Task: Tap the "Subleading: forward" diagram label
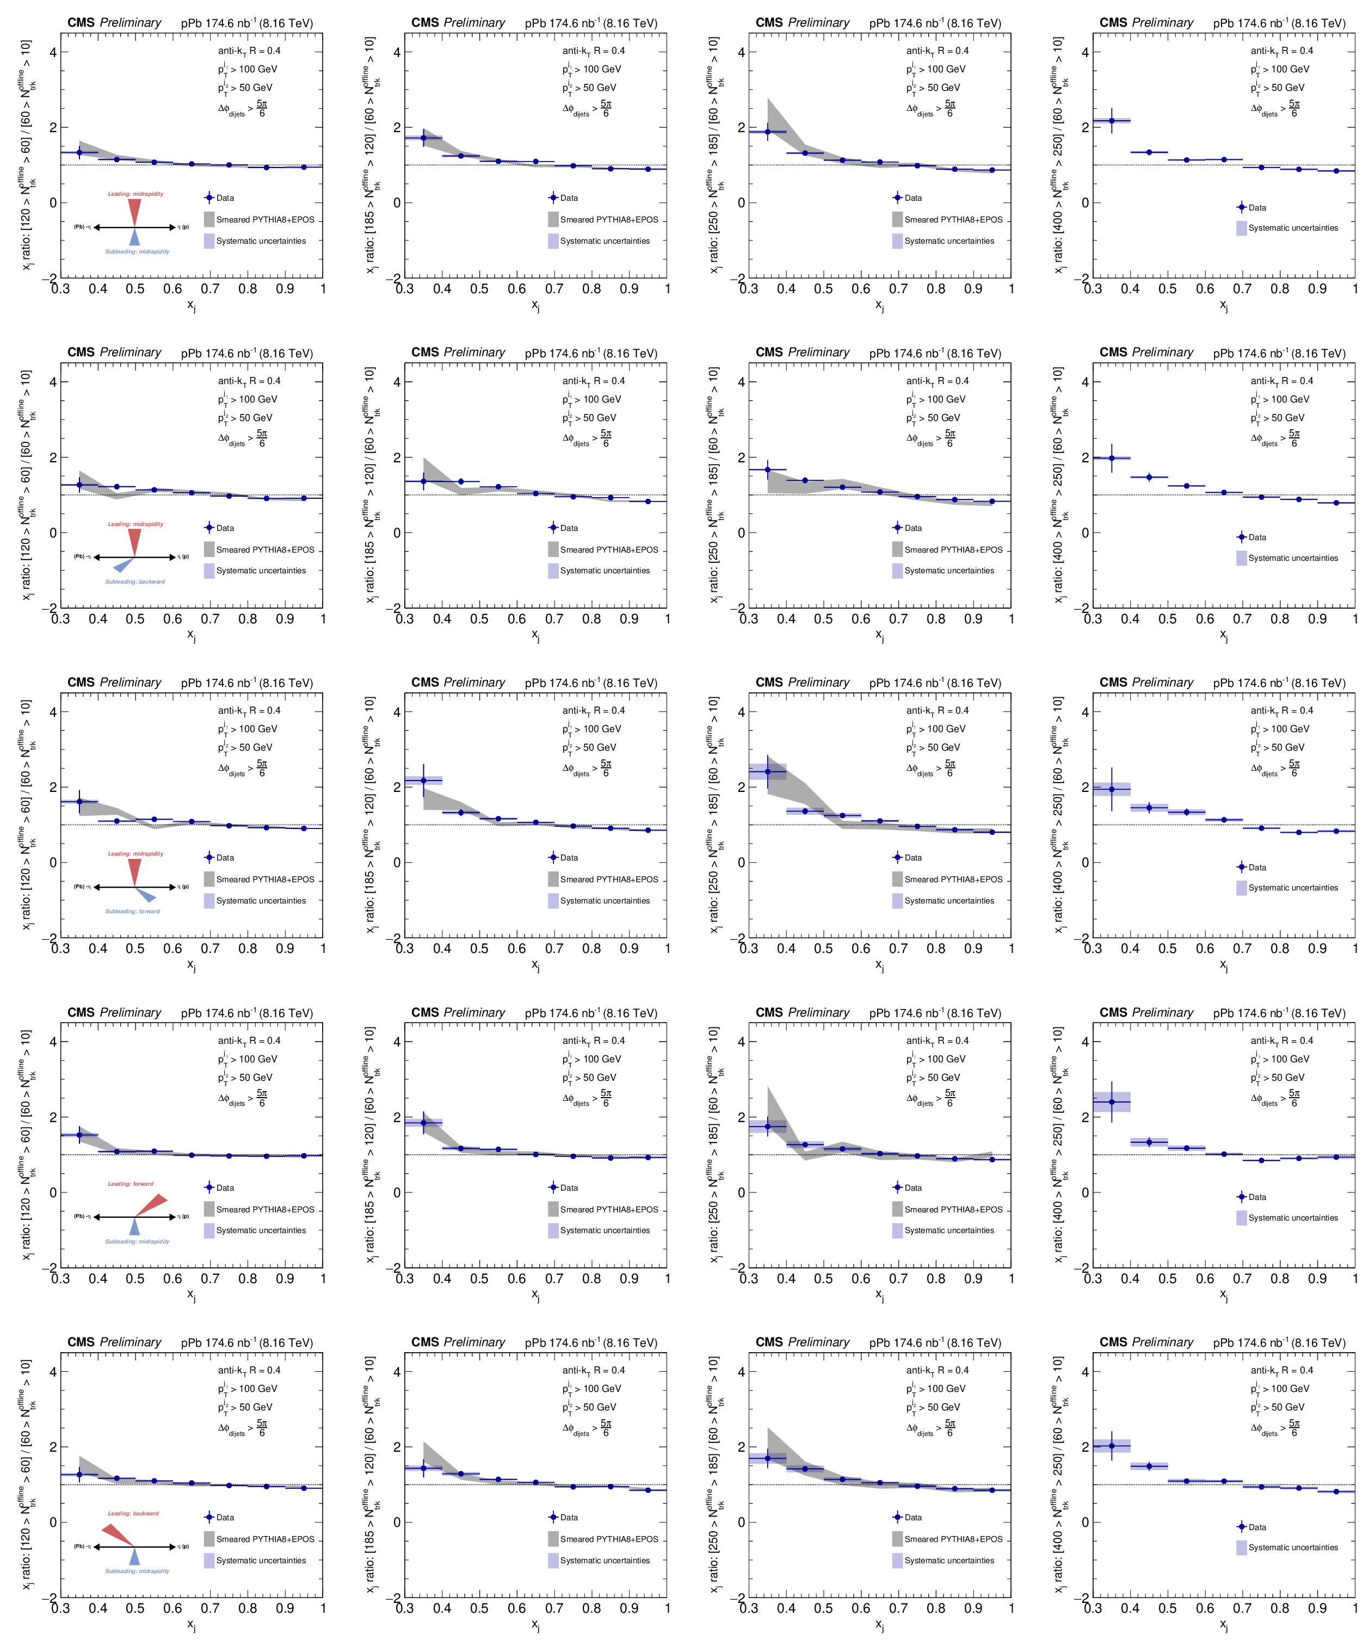pyautogui.click(x=133, y=911)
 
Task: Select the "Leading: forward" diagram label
pyautogui.click(x=130, y=1184)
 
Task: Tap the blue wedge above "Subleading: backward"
pyautogui.click(x=124, y=564)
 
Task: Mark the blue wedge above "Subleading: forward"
pyautogui.click(x=145, y=895)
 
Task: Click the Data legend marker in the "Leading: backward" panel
pyautogui.click(x=209, y=1517)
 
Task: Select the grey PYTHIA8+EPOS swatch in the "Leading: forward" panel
pyautogui.click(x=209, y=1209)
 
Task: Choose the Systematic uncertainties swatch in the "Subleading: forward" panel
pyautogui.click(x=209, y=900)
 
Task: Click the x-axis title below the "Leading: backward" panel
pyautogui.click(x=192, y=1625)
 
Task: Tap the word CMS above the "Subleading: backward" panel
pyautogui.click(x=81, y=352)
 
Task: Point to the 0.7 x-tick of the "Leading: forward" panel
pyautogui.click(x=209, y=1278)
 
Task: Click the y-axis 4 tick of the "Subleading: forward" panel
pyautogui.click(x=53, y=712)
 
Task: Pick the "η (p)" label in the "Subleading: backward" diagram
pyautogui.click(x=183, y=557)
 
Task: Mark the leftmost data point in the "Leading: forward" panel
pyautogui.click(x=79, y=1135)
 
